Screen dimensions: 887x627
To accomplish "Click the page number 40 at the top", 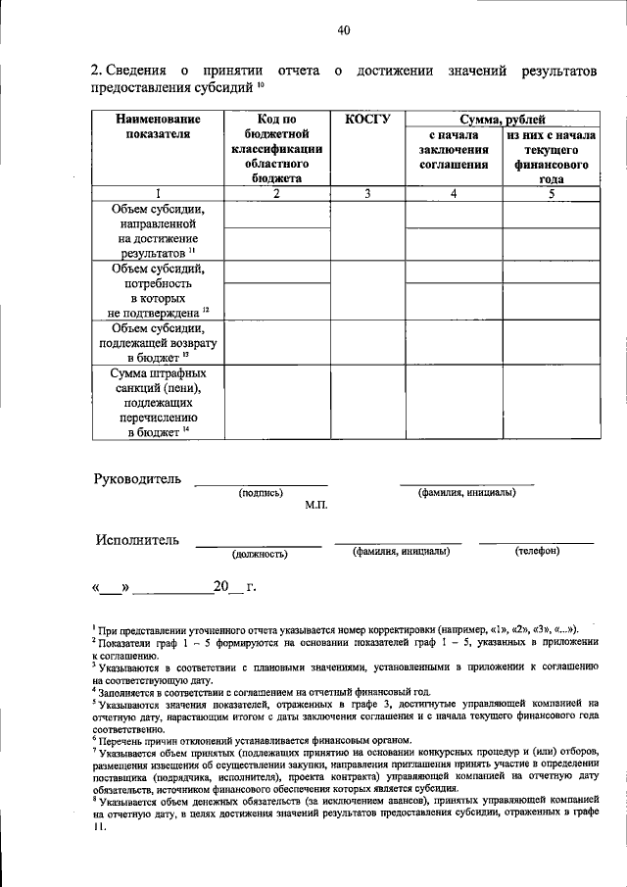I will pos(343,30).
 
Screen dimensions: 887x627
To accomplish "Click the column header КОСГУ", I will pos(367,120).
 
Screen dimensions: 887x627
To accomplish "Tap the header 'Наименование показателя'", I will pos(158,126).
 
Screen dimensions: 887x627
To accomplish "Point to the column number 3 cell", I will pos(367,194).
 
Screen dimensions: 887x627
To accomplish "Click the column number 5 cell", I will pos(551,194).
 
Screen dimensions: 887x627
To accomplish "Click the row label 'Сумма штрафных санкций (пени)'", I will pos(158,403).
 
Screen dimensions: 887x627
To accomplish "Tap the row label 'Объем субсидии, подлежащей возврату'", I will pos(158,342).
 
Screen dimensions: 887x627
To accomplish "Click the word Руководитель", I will pos(138,479).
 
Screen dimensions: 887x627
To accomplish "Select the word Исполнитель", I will pos(138,540).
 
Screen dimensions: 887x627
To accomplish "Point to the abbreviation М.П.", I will pos(315,506).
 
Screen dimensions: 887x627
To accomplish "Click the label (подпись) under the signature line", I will pos(261,493).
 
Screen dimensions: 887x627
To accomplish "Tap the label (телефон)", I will pos(536,552).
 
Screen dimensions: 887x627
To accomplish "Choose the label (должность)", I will pos(259,554).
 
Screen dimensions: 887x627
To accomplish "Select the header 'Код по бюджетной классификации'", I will pos(276,148).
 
